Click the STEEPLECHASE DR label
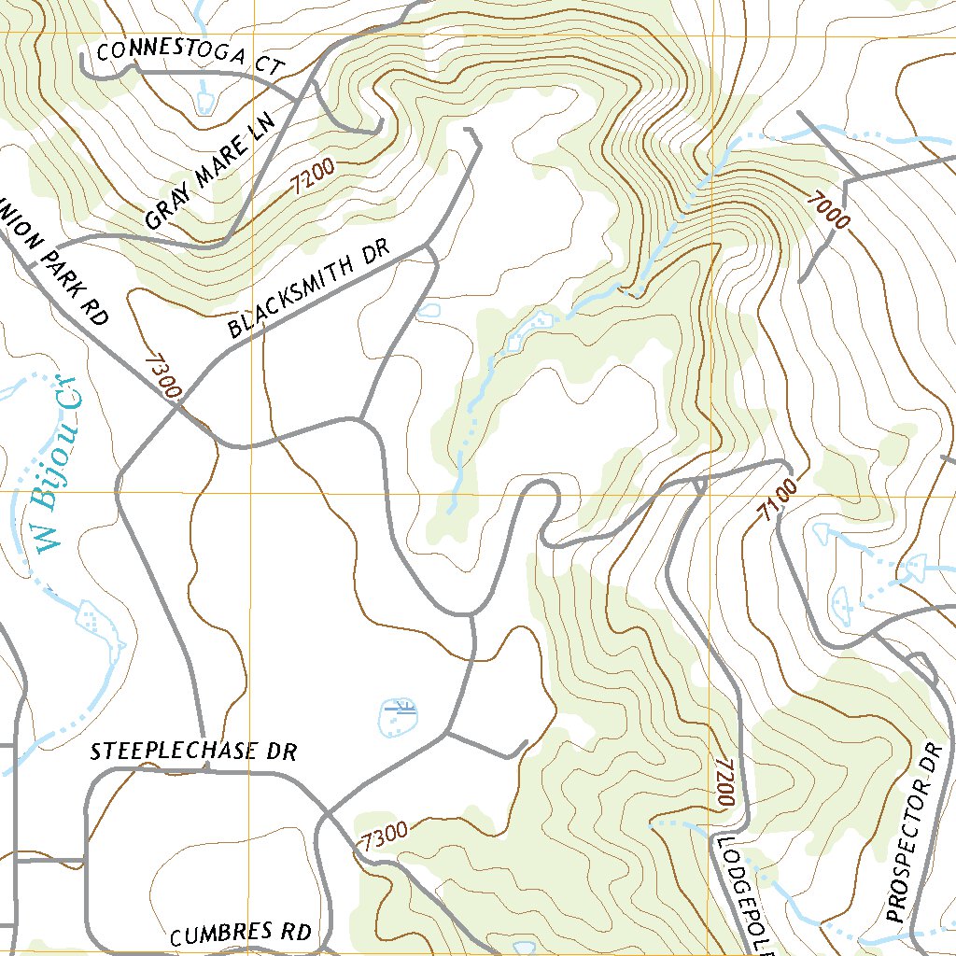(x=193, y=752)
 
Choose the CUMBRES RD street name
(x=240, y=933)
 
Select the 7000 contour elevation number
(x=831, y=208)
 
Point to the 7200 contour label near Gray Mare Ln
(x=311, y=174)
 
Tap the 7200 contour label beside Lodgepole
(x=724, y=782)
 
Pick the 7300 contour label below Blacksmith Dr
(x=162, y=376)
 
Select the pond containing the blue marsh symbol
(x=400, y=716)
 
